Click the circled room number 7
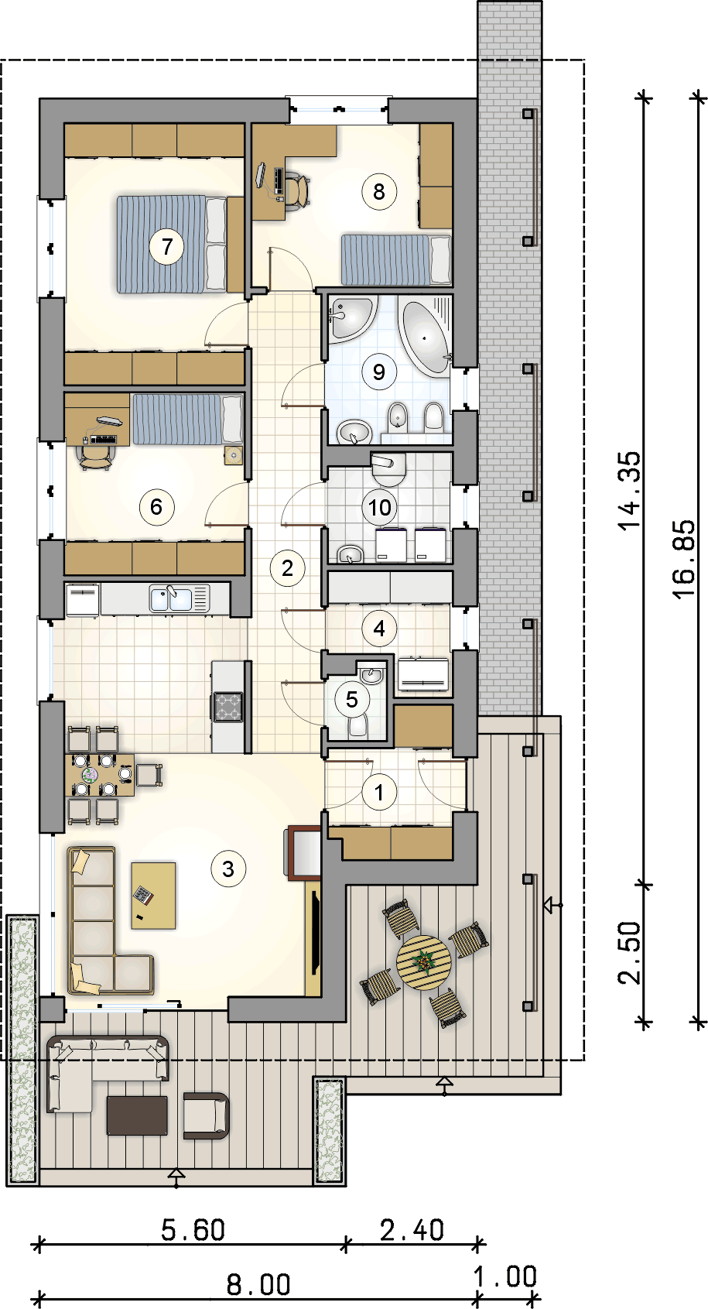pyautogui.click(x=167, y=247)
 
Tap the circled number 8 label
pyautogui.click(x=379, y=191)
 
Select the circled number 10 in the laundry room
pyautogui.click(x=379, y=507)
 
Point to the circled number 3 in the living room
pyautogui.click(x=227, y=869)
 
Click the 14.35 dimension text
pyautogui.click(x=630, y=491)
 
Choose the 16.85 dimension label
pyautogui.click(x=683, y=559)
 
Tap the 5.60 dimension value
pyautogui.click(x=193, y=1230)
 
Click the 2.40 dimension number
pyautogui.click(x=412, y=1230)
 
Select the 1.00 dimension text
pyautogui.click(x=505, y=1276)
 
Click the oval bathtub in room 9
pyautogui.click(x=425, y=338)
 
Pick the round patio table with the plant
pyautogui.click(x=423, y=963)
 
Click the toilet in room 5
pyautogui.click(x=357, y=726)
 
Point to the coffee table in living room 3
pyautogui.click(x=153, y=896)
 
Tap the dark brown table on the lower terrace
pyautogui.click(x=137, y=1115)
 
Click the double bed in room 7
pyautogui.click(x=172, y=245)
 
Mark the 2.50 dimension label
pyautogui.click(x=630, y=953)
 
